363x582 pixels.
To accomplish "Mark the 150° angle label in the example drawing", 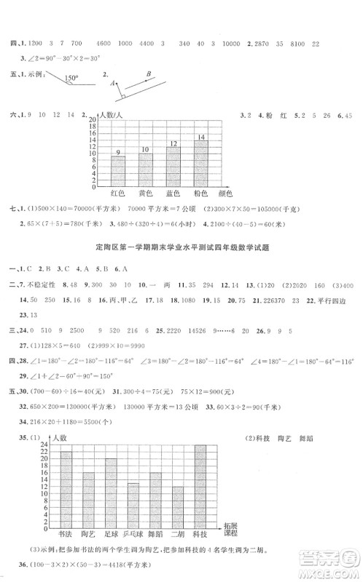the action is pyautogui.click(x=70, y=76).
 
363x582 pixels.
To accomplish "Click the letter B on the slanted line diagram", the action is pyautogui.click(x=148, y=73).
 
